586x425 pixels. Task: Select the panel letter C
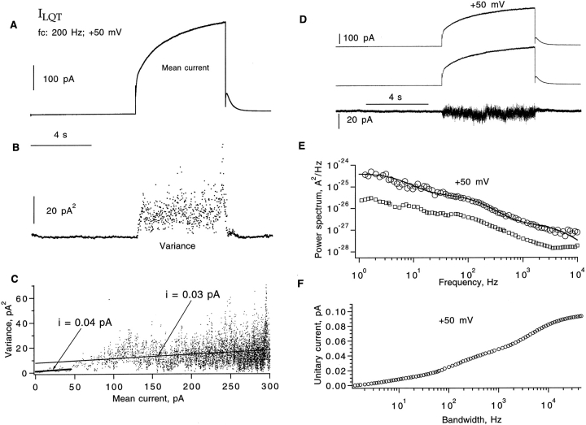pyautogui.click(x=11, y=279)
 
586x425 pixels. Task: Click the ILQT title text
pyautogui.click(x=50, y=14)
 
